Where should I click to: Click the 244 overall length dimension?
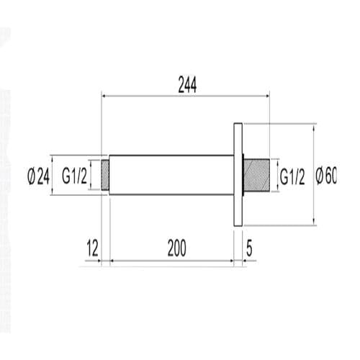coord(186,84)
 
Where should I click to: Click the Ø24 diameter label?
coord(37,175)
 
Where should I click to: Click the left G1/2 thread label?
coord(74,175)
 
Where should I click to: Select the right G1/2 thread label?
coord(292,175)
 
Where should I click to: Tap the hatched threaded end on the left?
coord(105,175)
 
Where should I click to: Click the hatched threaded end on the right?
coord(257,175)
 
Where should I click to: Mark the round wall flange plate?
coord(238,175)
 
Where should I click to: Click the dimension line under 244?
coord(186,96)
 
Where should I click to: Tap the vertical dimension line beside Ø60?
coord(315,175)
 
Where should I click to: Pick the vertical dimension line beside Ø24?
coord(52,175)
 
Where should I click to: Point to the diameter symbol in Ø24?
coord(31,175)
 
